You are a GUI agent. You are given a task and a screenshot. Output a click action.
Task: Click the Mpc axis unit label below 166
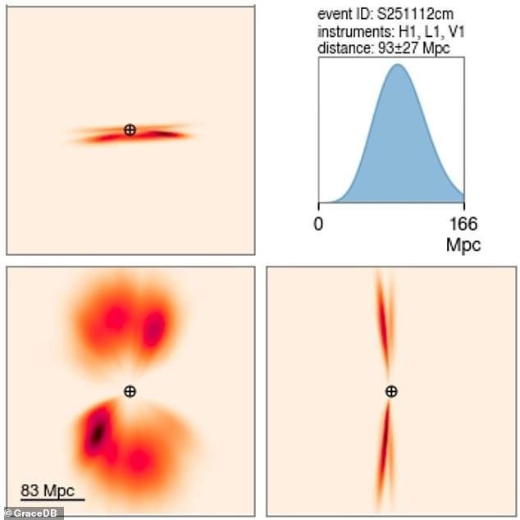[x=463, y=244]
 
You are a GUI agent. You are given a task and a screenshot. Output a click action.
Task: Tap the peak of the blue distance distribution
[x=397, y=66]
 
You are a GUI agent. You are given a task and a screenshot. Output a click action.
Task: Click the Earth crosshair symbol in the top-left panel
[x=130, y=130]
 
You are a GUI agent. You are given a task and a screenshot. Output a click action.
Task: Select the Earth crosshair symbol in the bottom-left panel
[x=130, y=391]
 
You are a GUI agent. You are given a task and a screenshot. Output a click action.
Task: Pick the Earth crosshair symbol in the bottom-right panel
[x=391, y=391]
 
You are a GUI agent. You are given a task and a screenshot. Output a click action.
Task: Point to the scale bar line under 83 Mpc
[x=52, y=499]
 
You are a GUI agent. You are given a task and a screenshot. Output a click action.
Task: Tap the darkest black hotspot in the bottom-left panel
[x=98, y=428]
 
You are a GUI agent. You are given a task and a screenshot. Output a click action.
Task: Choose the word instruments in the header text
[x=349, y=31]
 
